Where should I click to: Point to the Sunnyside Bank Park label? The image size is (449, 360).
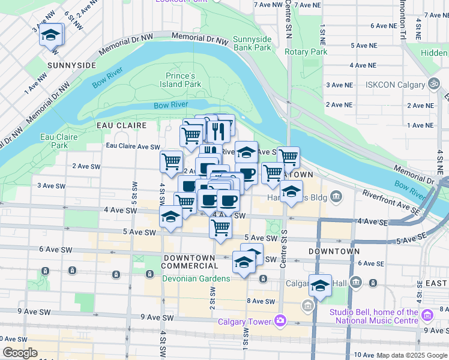(x=252, y=43)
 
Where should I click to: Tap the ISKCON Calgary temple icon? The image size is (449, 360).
(x=433, y=84)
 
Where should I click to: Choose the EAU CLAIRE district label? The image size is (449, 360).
(x=122, y=125)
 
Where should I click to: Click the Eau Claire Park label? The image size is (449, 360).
(x=59, y=141)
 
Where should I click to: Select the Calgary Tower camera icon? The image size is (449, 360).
(x=280, y=322)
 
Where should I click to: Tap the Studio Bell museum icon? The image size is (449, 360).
(x=427, y=315)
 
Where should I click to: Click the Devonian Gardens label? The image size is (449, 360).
(x=196, y=278)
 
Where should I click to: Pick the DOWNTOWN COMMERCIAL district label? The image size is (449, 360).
(x=189, y=262)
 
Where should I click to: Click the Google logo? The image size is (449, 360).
(x=20, y=353)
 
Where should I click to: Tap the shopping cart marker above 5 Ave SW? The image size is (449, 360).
(x=221, y=228)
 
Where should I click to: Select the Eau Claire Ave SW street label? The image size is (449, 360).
(x=133, y=146)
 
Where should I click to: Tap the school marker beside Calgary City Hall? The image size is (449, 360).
(x=320, y=286)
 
